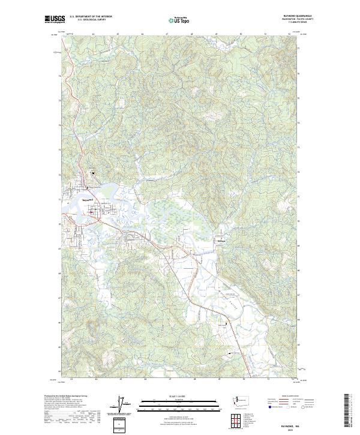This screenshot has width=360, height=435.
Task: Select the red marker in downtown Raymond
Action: tap(91, 212)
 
